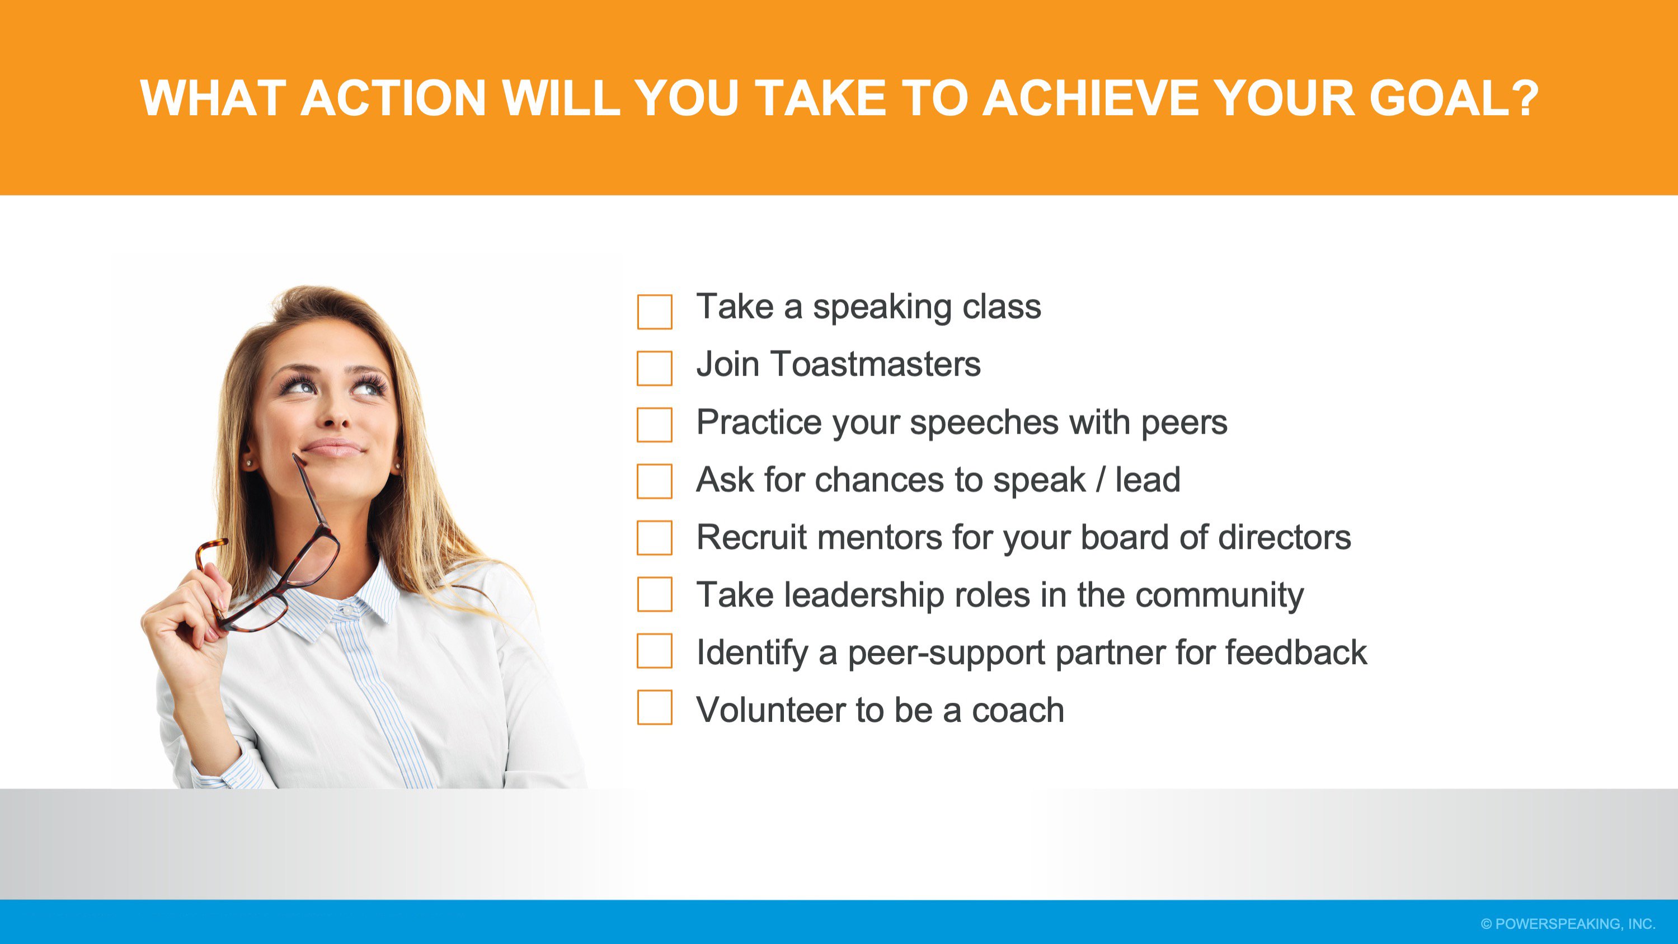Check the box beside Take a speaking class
tap(655, 312)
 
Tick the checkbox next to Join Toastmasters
tap(655, 368)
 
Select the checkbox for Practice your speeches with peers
tap(655, 425)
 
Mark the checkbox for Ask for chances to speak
tap(655, 481)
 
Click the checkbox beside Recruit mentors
tap(655, 538)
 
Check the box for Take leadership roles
tap(655, 594)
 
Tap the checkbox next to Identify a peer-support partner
tap(655, 651)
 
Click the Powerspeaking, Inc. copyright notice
tap(1568, 924)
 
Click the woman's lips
tap(333, 448)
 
